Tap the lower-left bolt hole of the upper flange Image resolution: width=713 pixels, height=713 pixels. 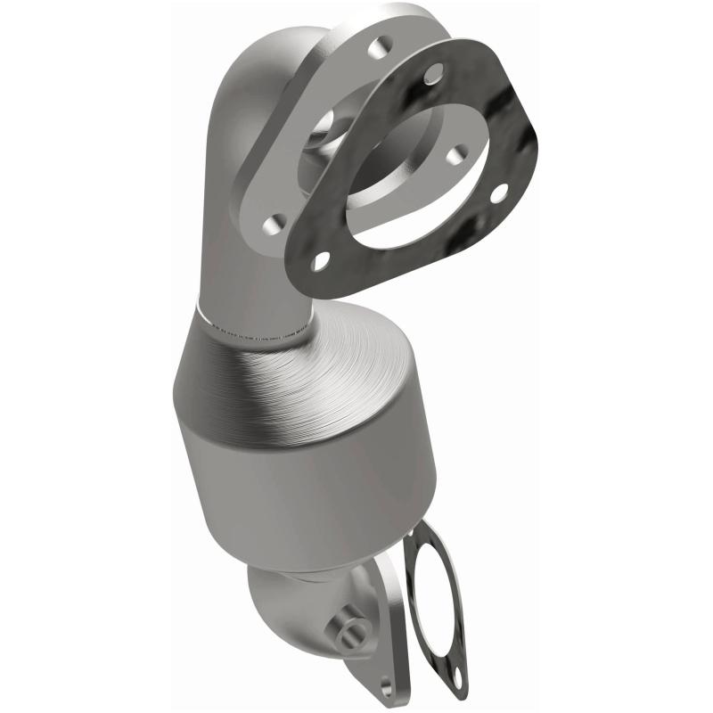(x=275, y=221)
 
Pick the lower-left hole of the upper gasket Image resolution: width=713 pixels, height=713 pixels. (x=320, y=259)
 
